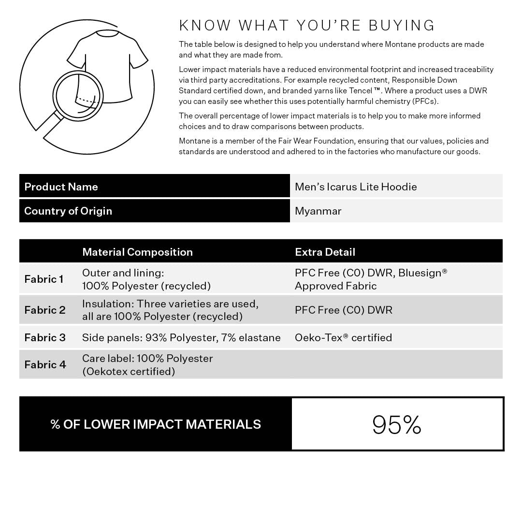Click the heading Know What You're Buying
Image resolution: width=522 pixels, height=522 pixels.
click(x=307, y=25)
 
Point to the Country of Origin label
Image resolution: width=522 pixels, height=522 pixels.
click(x=68, y=211)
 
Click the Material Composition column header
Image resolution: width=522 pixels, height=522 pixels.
click(x=137, y=252)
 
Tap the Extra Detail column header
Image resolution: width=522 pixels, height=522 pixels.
click(x=325, y=252)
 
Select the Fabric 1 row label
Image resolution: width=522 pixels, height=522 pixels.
click(x=43, y=279)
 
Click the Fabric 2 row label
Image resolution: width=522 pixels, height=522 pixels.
click(x=44, y=310)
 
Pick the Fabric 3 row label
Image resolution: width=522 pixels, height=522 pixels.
click(x=44, y=337)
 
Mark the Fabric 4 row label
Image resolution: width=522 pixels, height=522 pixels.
click(x=45, y=364)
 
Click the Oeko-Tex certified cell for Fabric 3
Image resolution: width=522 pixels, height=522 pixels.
click(x=343, y=337)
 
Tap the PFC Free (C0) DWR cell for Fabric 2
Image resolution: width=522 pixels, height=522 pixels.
click(x=343, y=310)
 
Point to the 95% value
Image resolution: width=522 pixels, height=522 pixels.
click(x=397, y=424)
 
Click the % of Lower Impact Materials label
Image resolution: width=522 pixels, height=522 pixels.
click(x=156, y=424)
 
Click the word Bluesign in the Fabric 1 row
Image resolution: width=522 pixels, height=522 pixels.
click(x=420, y=273)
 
